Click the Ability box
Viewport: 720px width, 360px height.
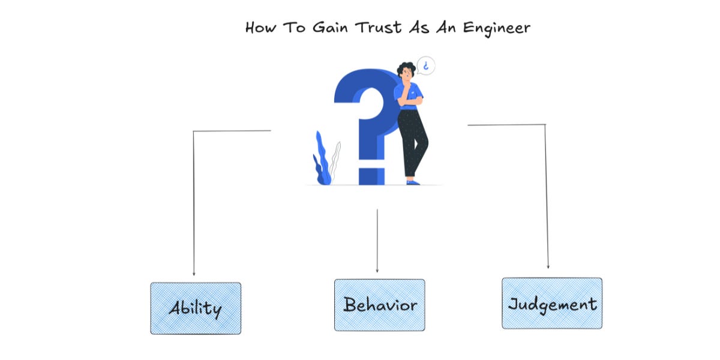coord(196,308)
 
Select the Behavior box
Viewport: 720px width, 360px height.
coord(379,305)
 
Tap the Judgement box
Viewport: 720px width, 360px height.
coord(552,303)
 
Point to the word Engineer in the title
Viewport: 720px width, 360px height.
coord(499,28)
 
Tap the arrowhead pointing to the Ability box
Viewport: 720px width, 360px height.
coord(194,273)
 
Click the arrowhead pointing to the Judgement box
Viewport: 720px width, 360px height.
coord(548,266)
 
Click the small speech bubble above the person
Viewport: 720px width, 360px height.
coord(426,65)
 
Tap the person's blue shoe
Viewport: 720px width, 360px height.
coord(413,181)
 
